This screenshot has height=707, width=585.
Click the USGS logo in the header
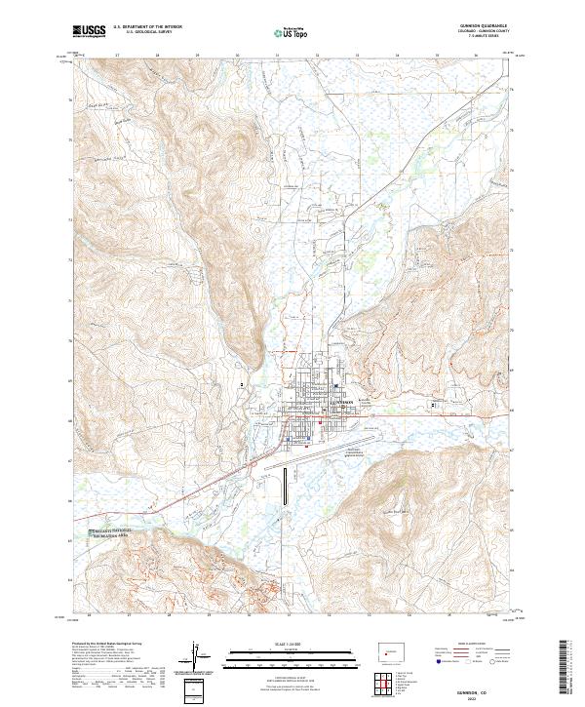pos(88,32)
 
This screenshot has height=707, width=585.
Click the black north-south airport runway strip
pos(285,487)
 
